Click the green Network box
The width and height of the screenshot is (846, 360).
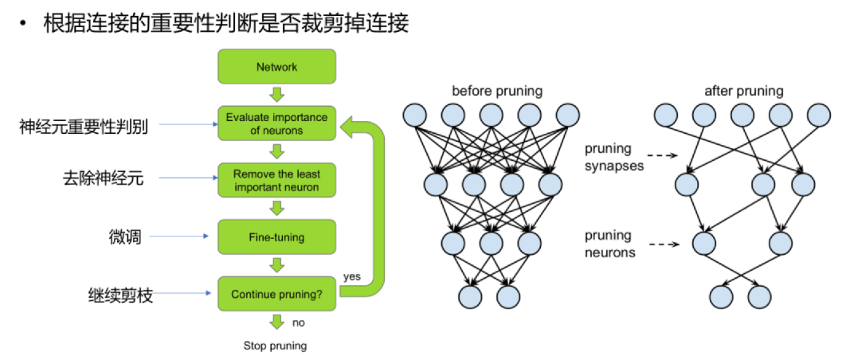(x=276, y=67)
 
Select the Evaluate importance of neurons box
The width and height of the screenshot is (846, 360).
(x=276, y=123)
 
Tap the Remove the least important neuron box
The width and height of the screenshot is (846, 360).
(x=276, y=181)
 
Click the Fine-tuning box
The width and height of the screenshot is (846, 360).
(x=276, y=237)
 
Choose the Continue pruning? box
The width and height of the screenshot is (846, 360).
(x=276, y=294)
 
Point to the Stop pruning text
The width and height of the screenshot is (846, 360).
(x=275, y=346)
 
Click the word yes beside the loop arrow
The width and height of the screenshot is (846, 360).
(x=351, y=276)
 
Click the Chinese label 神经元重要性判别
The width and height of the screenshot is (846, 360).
(x=84, y=125)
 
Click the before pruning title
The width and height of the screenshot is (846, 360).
(x=496, y=91)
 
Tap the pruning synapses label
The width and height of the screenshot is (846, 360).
(x=609, y=157)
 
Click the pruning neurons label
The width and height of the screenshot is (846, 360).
(x=609, y=244)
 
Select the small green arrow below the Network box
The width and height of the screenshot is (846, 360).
(x=276, y=95)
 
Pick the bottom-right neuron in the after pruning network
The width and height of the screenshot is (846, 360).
(x=759, y=297)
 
